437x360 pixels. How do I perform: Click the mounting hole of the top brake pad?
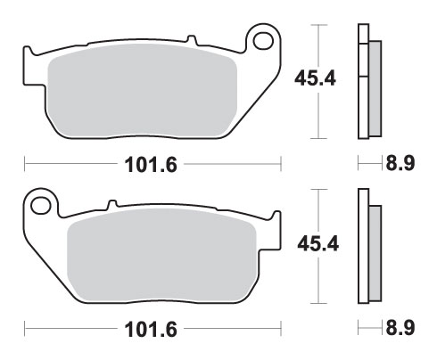click(x=263, y=41)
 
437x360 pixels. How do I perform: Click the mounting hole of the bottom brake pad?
click(x=41, y=206)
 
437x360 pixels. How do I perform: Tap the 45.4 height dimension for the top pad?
click(x=315, y=78)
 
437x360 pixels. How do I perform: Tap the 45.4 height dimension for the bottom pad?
click(x=318, y=244)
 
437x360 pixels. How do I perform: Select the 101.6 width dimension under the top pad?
click(x=151, y=165)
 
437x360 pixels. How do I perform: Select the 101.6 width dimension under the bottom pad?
click(x=151, y=329)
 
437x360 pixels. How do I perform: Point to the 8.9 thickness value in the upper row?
click(x=400, y=163)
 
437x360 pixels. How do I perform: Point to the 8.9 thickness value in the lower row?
click(x=400, y=328)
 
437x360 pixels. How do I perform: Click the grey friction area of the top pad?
click(x=142, y=91)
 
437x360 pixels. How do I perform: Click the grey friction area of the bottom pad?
click(x=162, y=256)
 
